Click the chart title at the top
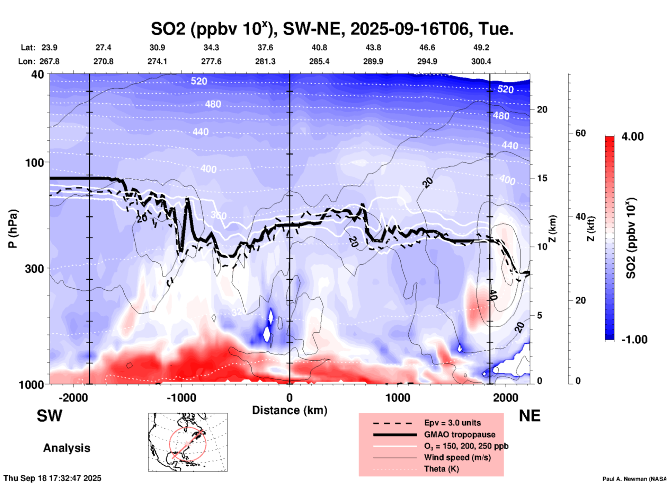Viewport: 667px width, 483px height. tap(332, 29)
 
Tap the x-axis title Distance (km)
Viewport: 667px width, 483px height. tap(290, 410)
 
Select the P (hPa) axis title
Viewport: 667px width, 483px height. tap(13, 229)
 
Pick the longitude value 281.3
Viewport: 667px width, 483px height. tap(265, 61)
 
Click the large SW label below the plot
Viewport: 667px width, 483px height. tap(50, 416)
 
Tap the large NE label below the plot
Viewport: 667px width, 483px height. tap(530, 416)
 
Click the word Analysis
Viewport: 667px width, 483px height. tap(66, 448)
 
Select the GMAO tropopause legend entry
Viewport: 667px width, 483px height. tap(460, 434)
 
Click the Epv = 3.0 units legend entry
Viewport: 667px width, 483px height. tap(452, 423)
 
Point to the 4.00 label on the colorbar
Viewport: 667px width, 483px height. tap(632, 137)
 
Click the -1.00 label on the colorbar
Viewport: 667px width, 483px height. tap(634, 340)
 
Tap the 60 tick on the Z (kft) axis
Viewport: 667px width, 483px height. tap(580, 133)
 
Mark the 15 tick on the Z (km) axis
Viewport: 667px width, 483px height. tap(542, 178)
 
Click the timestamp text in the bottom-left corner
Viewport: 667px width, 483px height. tap(53, 478)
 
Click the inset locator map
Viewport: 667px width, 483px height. tap(188, 442)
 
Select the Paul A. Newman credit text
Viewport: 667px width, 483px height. tap(634, 479)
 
